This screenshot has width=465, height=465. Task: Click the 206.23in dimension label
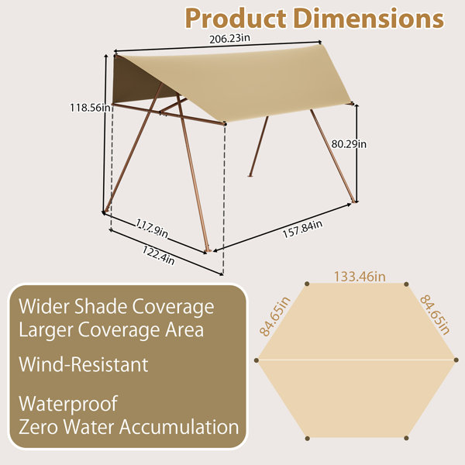[x=229, y=39]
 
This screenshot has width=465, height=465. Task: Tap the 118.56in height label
[x=90, y=108]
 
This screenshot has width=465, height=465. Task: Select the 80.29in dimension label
[x=349, y=144]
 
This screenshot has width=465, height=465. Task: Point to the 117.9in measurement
[x=152, y=228]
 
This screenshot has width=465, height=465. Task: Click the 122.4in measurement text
[x=158, y=255]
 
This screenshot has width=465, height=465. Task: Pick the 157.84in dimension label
[x=302, y=229]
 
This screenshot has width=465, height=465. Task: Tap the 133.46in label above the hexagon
[x=360, y=277]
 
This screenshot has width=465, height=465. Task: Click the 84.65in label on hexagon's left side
[x=274, y=316]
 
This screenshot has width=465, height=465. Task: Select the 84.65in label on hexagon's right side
[x=435, y=314]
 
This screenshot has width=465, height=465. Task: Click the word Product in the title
[x=236, y=19]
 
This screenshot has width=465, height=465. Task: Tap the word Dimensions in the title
[x=369, y=19]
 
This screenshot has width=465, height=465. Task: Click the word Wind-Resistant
[x=84, y=364]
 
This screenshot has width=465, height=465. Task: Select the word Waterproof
[x=68, y=404]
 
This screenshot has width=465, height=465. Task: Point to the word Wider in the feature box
[x=44, y=306]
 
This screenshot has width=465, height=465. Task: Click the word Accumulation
[x=179, y=427]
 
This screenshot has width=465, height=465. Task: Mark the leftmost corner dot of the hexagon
[x=257, y=360]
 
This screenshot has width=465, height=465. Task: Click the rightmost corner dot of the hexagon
[x=456, y=360]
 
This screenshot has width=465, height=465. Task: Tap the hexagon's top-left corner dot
[x=307, y=284]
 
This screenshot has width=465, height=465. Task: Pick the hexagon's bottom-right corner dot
[x=406, y=438]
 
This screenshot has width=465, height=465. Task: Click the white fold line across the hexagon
[x=356, y=360]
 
